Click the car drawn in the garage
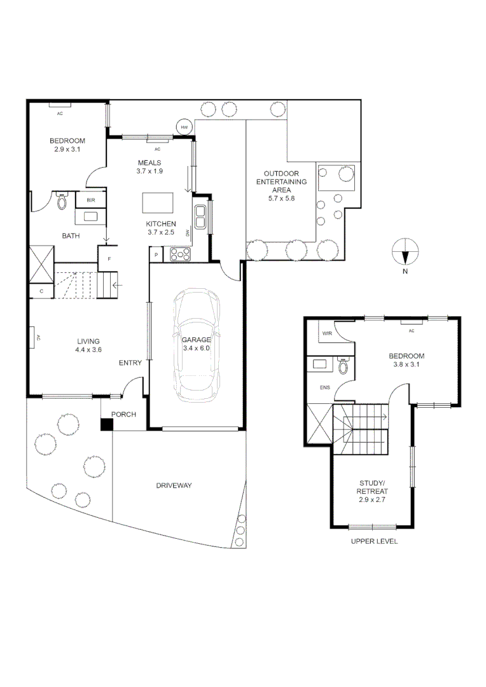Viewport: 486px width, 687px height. tap(197, 346)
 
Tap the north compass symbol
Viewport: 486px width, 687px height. tap(405, 251)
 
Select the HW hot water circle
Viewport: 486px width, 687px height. tap(184, 127)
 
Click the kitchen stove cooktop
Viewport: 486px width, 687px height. tap(180, 254)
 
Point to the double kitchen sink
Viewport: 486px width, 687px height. tap(200, 217)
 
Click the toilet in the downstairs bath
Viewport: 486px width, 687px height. tap(62, 202)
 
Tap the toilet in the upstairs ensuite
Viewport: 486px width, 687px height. tap(344, 366)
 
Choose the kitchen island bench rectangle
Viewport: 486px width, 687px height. tap(157, 203)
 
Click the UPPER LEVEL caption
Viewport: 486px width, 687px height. tap(374, 541)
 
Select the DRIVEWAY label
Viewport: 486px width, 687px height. tap(174, 485)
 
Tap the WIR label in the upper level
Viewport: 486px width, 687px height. tap(328, 333)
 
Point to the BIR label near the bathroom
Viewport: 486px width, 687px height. tap(90, 200)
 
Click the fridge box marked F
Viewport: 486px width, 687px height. tap(109, 259)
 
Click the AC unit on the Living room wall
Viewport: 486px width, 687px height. tap(31, 338)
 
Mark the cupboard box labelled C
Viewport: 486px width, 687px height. tap(41, 291)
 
